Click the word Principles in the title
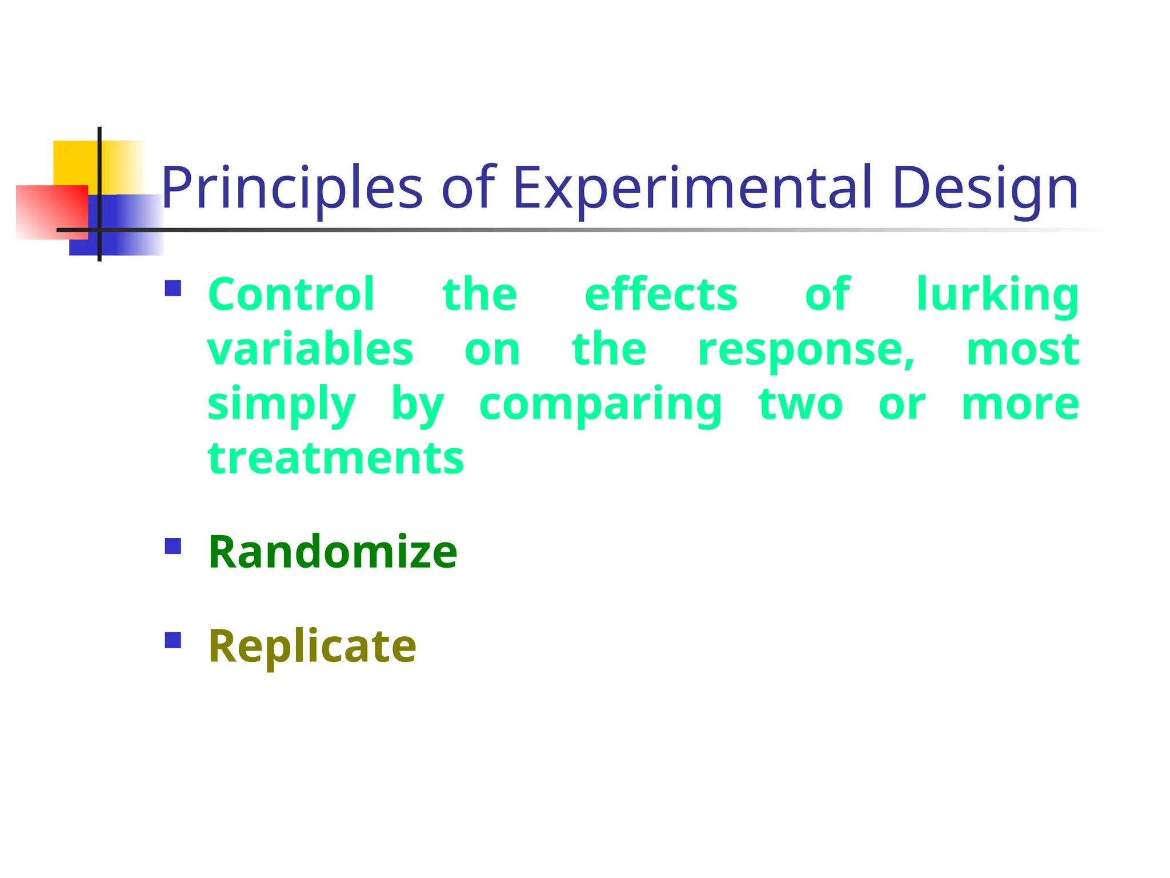(x=291, y=189)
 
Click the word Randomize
(x=332, y=552)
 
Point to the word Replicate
(x=312, y=646)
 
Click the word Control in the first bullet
(x=291, y=294)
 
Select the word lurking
(x=997, y=296)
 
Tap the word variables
(x=310, y=349)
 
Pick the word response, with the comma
(x=806, y=350)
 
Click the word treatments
(x=336, y=459)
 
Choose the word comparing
(x=601, y=405)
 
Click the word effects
(x=661, y=294)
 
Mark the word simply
(x=282, y=405)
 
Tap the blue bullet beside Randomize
(x=173, y=546)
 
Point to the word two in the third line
(x=800, y=405)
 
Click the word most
(x=1022, y=349)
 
